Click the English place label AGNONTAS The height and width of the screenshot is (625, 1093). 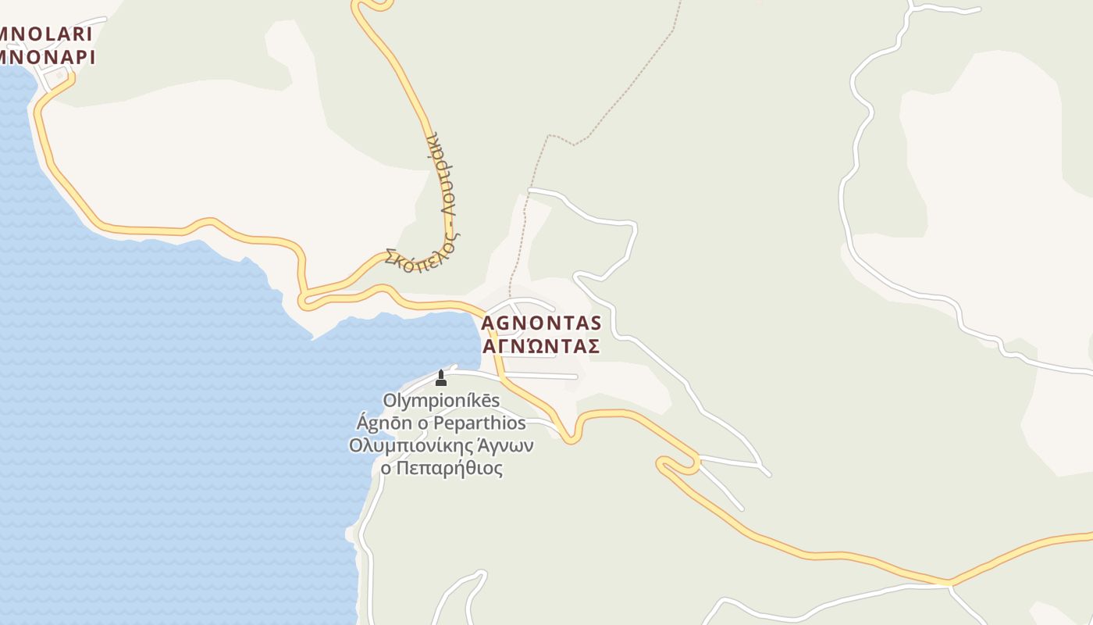pos(541,323)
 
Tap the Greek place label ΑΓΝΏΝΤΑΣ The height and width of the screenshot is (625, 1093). pos(541,346)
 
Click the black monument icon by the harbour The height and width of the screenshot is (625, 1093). pos(441,378)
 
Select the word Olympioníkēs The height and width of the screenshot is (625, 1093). pos(441,401)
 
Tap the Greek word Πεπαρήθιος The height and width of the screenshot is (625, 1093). pos(450,469)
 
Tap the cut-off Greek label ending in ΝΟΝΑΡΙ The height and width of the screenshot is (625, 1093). pos(47,57)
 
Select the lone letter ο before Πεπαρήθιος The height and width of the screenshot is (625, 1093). pos(386,469)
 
